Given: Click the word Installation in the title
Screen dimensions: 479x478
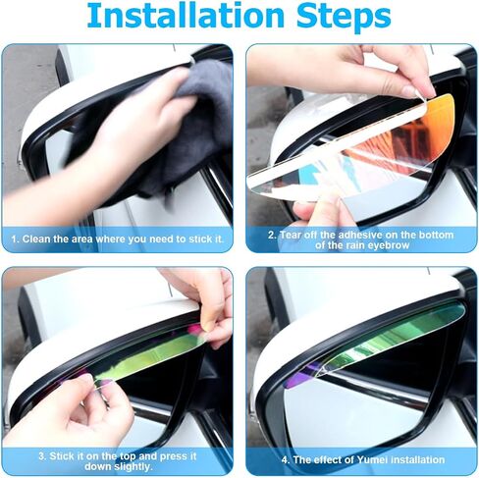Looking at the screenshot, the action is point(186,16).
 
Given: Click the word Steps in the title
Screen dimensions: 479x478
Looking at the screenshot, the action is point(344,17).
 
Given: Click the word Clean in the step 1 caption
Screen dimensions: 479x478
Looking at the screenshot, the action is point(36,239).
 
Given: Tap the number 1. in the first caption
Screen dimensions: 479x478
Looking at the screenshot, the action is point(16,239).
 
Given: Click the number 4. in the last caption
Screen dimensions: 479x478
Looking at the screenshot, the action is point(286,459).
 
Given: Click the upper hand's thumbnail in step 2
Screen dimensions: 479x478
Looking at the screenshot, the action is point(409,91).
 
